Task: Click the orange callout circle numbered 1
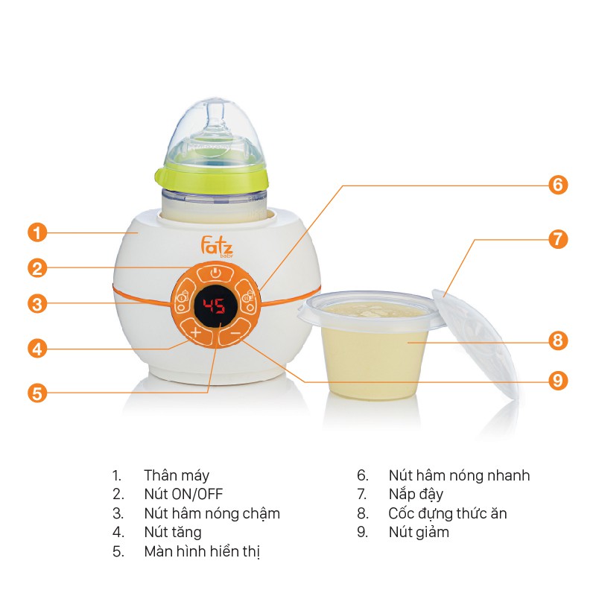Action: pos(37,232)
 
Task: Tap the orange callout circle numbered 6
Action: pos(558,185)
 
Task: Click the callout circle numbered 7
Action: pos(558,239)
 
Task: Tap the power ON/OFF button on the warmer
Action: pos(215,273)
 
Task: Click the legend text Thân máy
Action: pos(177,475)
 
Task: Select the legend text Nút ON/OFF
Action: pos(183,494)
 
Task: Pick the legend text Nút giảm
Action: pos(419,533)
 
